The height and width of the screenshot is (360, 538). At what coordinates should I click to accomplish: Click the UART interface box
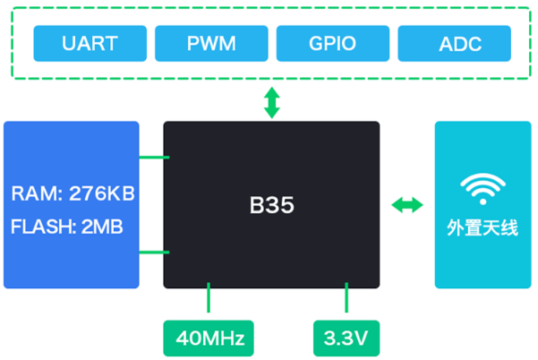coord(90,42)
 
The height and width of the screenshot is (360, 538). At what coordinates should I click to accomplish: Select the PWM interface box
coord(211,42)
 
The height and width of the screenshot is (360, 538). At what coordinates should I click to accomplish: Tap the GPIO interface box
coord(333,42)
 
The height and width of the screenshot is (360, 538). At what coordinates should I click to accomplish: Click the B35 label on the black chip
coord(271,205)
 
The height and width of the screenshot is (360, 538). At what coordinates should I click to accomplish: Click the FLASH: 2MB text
coord(66,226)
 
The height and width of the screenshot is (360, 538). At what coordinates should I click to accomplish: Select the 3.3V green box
coord(347,339)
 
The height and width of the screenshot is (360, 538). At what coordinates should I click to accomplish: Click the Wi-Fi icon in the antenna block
coord(482,187)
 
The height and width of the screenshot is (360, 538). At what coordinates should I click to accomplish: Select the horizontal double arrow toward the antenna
coord(407,205)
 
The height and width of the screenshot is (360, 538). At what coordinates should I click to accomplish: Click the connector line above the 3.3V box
coord(347,300)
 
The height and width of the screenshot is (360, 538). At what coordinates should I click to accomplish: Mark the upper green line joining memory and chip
coord(154,159)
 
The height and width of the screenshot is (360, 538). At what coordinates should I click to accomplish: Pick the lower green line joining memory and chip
coord(154,253)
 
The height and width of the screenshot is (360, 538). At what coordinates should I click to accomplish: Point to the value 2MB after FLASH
coord(101,226)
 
